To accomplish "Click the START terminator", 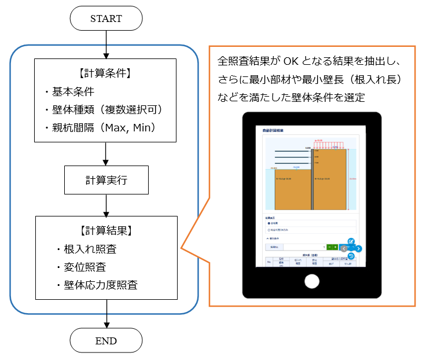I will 106,19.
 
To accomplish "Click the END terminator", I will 106,340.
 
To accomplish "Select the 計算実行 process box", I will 106,180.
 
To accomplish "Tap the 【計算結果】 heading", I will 106,230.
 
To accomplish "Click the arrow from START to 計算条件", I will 106,44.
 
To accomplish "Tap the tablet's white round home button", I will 312,281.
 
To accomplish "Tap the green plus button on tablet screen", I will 336,247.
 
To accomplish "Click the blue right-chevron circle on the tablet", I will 359,248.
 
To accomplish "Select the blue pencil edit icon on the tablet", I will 351,241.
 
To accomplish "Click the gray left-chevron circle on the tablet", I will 344,248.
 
